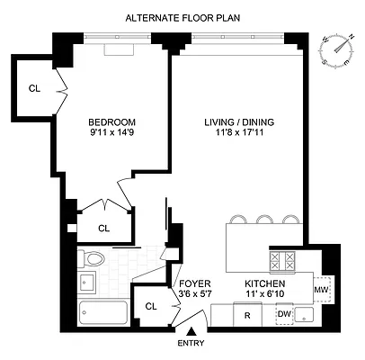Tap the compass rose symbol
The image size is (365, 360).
point(335,49)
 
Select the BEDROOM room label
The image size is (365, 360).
point(111,123)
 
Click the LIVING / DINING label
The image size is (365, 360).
point(227,123)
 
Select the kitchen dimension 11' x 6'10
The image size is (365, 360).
point(263,294)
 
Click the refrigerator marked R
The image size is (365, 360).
point(246,316)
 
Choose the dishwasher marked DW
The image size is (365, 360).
point(284,314)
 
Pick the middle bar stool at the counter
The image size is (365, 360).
point(264,219)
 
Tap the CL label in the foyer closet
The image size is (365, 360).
point(150,306)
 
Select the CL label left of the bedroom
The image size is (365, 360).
point(34,88)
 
